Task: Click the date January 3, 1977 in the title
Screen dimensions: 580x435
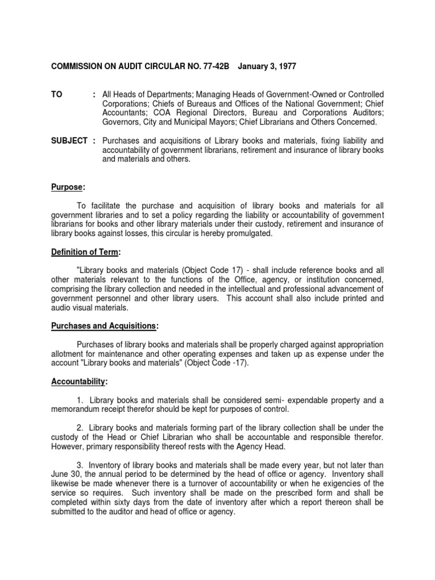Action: tap(267, 67)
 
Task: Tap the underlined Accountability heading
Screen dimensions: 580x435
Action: tap(79, 381)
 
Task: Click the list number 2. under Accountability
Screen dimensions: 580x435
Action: tap(79, 428)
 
